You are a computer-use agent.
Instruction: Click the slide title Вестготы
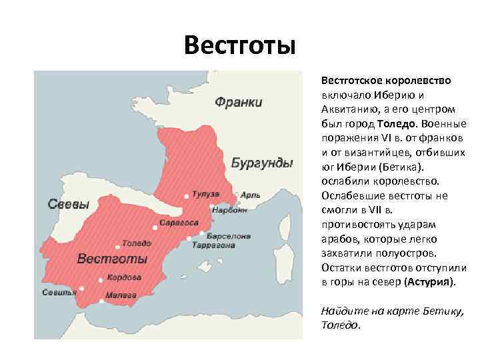tap(239, 47)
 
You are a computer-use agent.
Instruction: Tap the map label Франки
tap(238, 102)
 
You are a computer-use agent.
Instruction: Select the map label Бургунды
tap(261, 163)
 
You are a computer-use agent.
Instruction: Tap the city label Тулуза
tap(205, 195)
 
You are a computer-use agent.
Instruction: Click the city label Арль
tap(251, 196)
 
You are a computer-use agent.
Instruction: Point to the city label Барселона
tap(228, 236)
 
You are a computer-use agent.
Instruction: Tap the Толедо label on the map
tap(136, 244)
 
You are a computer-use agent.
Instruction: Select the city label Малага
tap(123, 294)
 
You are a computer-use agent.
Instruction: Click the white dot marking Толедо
tap(117, 245)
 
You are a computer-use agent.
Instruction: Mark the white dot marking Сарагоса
tap(155, 227)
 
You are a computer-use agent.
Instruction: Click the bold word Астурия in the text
tap(430, 282)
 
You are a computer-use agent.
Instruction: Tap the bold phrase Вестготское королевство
tap(386, 80)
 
